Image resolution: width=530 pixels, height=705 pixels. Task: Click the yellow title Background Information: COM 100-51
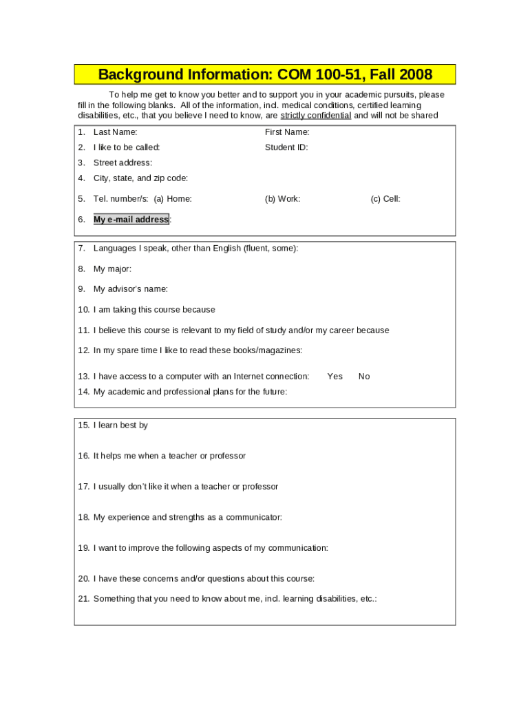pos(265,74)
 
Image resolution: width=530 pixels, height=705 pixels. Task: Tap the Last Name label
pos(115,132)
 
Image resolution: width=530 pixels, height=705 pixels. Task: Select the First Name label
pos(287,132)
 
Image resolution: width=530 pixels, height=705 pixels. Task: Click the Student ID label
pos(286,147)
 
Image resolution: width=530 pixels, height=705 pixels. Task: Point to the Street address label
pos(123,163)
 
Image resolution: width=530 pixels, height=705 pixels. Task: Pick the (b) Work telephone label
pos(282,199)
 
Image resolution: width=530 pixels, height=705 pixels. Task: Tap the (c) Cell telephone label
pos(385,199)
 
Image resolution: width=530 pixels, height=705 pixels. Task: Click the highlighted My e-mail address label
pos(131,220)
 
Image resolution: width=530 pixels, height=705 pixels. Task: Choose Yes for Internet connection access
pos(335,377)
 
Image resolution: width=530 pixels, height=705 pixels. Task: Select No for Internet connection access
pos(364,377)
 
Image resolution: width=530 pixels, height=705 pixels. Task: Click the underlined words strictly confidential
pos(316,116)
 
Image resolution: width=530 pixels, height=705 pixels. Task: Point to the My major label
pos(112,269)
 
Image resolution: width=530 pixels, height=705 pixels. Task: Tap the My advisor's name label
pos(130,289)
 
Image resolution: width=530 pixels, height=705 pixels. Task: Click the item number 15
pos(83,425)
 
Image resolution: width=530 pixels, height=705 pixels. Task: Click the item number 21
pos(83,599)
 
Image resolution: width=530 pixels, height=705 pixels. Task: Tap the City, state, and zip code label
pos(140,178)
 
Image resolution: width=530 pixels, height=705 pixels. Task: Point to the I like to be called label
pos(127,147)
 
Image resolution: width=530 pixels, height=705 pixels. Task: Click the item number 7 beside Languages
pos(81,249)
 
